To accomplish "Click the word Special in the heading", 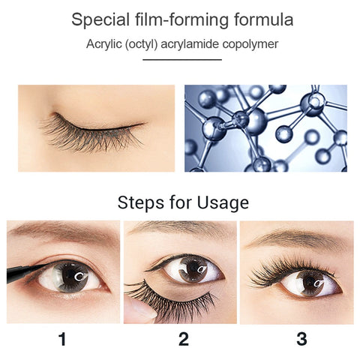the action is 100,20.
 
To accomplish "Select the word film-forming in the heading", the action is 181,20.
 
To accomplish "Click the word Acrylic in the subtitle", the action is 103,44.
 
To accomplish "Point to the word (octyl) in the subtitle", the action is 141,44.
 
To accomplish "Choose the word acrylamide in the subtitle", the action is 190,44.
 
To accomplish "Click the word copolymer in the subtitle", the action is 250,44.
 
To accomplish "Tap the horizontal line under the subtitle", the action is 182,60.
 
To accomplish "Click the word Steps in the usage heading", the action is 140,202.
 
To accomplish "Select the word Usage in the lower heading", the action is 223,202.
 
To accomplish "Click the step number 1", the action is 62,339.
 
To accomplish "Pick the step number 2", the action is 184,339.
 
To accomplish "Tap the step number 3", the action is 301,339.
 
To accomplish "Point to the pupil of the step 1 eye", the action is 72,275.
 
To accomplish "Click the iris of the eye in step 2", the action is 193,269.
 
